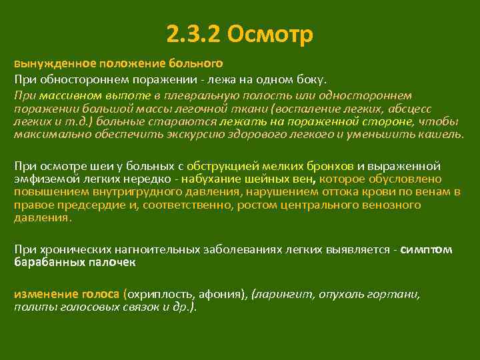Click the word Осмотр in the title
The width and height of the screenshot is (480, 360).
coord(270,34)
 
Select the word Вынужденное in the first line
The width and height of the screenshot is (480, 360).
coord(55,65)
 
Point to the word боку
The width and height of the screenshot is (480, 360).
coord(311,80)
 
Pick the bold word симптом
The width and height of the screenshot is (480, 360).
coord(427,249)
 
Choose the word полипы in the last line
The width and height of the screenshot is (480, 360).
coord(31,307)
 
